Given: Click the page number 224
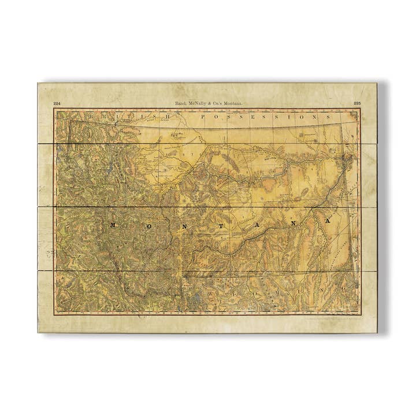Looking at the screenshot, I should [57, 103].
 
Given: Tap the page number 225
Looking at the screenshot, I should [358, 103].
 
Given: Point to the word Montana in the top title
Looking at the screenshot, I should [231, 103].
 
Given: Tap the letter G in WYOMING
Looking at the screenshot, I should [344, 287].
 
